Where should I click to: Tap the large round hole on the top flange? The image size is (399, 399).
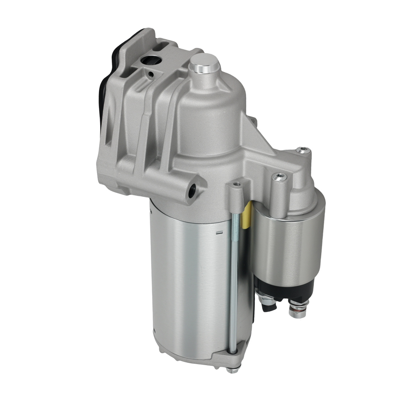point(150,61)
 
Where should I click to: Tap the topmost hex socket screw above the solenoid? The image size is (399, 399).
point(303,150)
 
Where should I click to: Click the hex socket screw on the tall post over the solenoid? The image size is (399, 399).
point(279,175)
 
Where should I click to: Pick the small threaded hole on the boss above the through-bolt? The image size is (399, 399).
point(237,184)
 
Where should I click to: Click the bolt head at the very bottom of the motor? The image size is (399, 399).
point(230,369)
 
